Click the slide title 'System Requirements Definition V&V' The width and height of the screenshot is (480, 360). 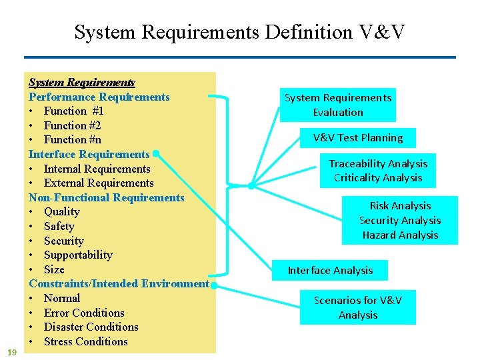pyautogui.click(x=239, y=32)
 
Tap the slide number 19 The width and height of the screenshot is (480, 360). pyautogui.click(x=11, y=351)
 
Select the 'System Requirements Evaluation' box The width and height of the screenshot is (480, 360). pyautogui.click(x=338, y=105)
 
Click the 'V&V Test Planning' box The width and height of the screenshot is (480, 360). pyautogui.click(x=358, y=138)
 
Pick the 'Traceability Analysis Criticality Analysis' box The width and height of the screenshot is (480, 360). pyautogui.click(x=378, y=171)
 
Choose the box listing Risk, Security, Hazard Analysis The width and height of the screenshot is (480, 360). pyautogui.click(x=400, y=220)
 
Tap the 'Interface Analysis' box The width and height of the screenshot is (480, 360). pyautogui.click(x=330, y=270)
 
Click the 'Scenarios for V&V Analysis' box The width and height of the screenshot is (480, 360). pyautogui.click(x=358, y=307)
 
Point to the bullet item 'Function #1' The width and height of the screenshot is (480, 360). pyautogui.click(x=73, y=111)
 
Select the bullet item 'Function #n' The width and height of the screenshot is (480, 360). pyautogui.click(x=73, y=140)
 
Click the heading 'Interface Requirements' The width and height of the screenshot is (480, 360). pyautogui.click(x=89, y=154)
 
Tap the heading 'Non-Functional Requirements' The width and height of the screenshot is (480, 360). pyautogui.click(x=106, y=197)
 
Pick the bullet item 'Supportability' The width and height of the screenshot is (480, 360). pyautogui.click(x=78, y=255)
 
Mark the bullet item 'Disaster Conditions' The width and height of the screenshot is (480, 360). pyautogui.click(x=91, y=327)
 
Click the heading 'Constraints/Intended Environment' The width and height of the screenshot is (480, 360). pyautogui.click(x=119, y=284)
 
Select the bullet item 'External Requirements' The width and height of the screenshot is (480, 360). pyautogui.click(x=99, y=183)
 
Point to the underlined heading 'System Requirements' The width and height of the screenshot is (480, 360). pyautogui.click(x=81, y=83)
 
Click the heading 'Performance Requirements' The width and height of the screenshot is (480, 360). pyautogui.click(x=99, y=97)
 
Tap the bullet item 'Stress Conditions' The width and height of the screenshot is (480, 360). pyautogui.click(x=85, y=342)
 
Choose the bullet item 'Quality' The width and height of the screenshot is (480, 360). pyautogui.click(x=61, y=212)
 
